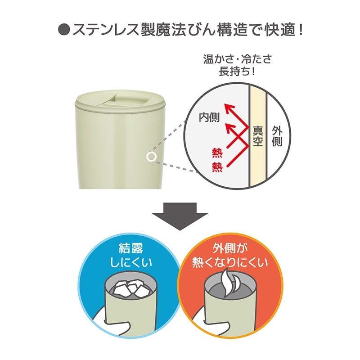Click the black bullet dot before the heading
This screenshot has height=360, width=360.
pyautogui.click(x=63, y=30)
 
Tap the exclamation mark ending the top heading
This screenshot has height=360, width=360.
pyautogui.click(x=301, y=29)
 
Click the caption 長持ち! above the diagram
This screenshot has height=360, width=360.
pyautogui.click(x=237, y=71)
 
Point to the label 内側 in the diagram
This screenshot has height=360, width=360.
pyautogui.click(x=209, y=117)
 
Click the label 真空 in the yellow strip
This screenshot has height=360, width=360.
pyautogui.click(x=257, y=136)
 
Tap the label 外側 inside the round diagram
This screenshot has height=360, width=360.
pyautogui.click(x=277, y=136)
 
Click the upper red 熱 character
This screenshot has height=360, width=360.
pyautogui.click(x=217, y=153)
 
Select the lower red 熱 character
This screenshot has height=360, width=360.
pyautogui.click(x=217, y=167)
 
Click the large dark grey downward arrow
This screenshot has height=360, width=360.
pyautogui.click(x=180, y=216)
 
